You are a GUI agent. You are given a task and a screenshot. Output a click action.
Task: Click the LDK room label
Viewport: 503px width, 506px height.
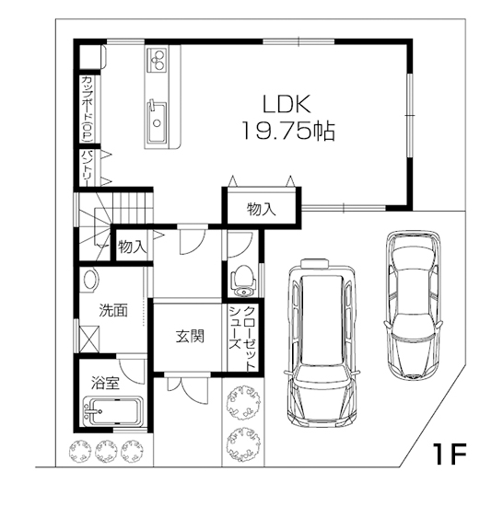point(287,104)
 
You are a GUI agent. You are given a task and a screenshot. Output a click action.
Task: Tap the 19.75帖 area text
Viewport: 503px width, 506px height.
point(288,131)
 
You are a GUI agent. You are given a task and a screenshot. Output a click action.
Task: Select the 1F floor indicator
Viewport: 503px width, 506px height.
point(450,454)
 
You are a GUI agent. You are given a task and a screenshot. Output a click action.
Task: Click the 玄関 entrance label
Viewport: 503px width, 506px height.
point(190,336)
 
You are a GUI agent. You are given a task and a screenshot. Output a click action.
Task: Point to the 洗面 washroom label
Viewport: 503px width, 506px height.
point(113,310)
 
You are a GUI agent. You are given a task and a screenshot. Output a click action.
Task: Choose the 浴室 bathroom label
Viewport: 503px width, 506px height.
point(106,383)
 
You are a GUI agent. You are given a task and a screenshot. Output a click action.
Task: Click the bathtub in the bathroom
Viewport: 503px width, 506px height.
point(112,411)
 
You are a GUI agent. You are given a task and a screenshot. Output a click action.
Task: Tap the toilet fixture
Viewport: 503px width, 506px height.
point(243,280)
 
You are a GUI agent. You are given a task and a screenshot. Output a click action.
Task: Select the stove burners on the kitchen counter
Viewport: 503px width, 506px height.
point(158,60)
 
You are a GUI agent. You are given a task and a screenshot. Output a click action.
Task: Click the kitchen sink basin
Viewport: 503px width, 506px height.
point(158,122)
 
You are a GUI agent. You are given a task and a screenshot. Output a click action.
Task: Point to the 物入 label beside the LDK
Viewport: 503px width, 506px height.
point(262,209)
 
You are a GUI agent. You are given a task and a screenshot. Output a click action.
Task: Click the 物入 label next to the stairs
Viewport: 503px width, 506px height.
point(133,247)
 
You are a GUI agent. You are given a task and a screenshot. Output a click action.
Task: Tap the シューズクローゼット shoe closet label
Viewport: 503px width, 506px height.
point(242,338)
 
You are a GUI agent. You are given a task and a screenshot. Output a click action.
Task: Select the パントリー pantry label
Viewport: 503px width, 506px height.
point(88,167)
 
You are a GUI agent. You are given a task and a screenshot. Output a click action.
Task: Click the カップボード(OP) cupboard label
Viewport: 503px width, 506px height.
point(87,109)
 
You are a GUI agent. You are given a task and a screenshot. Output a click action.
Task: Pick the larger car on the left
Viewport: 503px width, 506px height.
point(322,343)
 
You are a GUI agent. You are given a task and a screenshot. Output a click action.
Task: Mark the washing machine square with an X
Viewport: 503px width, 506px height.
point(89,339)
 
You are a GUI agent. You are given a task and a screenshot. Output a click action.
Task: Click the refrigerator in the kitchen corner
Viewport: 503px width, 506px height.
point(92,56)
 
